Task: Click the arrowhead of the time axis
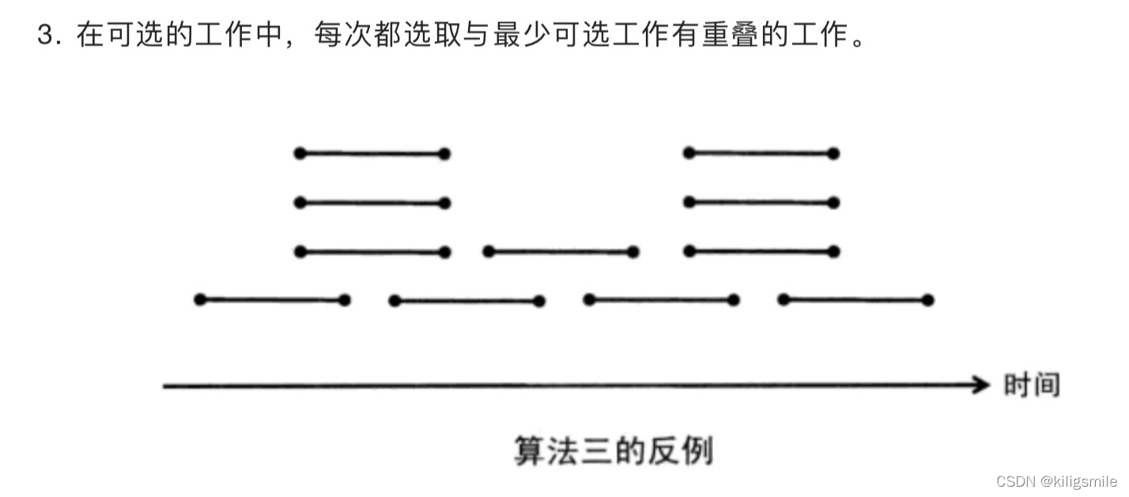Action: coord(983,385)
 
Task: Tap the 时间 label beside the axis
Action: coord(1031,385)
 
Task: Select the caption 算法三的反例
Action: coord(614,451)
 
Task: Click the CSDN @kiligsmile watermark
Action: coord(1056,481)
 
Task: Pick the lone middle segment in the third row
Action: coord(561,252)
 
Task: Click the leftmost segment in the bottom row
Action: coord(272,300)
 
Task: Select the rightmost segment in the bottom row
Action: coord(855,300)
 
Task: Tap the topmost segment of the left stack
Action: coord(372,154)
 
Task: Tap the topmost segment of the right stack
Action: coord(761,154)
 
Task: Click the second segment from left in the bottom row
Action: coord(466,301)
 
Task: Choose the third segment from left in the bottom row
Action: coord(661,300)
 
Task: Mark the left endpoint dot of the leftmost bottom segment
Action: coord(200,300)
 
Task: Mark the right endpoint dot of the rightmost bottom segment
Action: coord(927,300)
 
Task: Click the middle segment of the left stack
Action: coord(372,203)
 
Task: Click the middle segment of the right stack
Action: coord(761,203)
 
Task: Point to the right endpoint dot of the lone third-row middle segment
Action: coord(632,252)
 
